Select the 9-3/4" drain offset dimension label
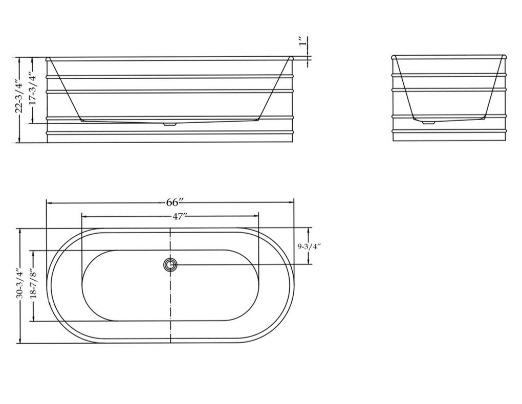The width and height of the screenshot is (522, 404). click(x=309, y=246)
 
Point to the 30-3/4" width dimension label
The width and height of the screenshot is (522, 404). click(x=20, y=285)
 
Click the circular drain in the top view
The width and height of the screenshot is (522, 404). click(x=170, y=265)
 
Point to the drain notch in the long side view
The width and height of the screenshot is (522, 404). click(x=169, y=123)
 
